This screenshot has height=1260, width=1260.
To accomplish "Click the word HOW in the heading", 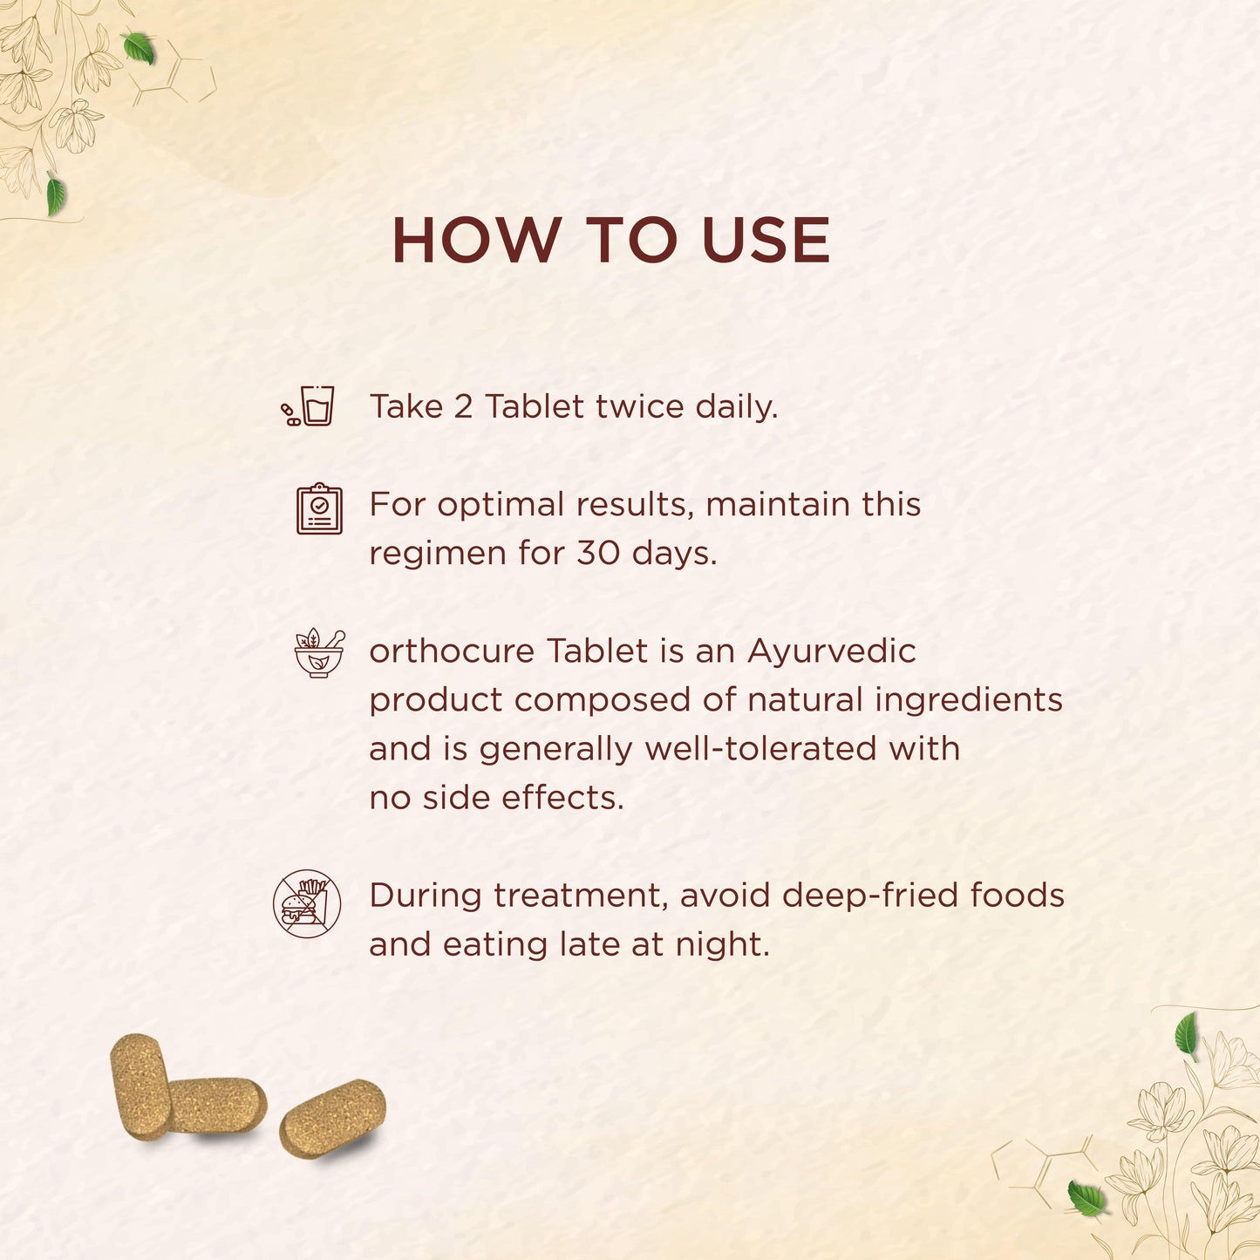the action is coord(477,240).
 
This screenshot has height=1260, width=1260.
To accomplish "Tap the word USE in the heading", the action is coord(766,240).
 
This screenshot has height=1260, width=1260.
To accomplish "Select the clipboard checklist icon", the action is coord(319,508).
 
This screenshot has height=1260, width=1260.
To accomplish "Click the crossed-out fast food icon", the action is coord(307,903).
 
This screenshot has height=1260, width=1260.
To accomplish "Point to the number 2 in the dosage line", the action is coord(463,406).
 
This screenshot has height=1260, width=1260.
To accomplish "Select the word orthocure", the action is coord(452,651).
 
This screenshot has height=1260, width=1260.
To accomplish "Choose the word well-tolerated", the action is coord(760,749).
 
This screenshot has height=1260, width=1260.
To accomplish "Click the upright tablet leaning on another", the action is coord(140,1087).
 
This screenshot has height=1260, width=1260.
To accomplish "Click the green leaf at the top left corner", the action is coord(140,48).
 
